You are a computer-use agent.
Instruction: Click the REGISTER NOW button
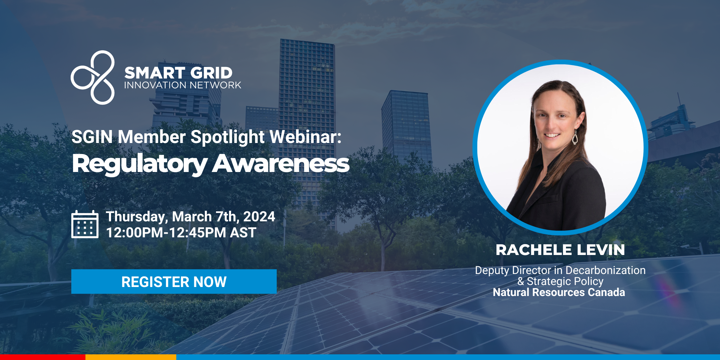point(174,281)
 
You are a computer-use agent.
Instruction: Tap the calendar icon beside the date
point(85,224)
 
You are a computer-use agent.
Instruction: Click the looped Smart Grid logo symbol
point(93,77)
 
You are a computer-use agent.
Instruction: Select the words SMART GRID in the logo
point(178,73)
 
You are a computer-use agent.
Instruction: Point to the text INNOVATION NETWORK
point(183,85)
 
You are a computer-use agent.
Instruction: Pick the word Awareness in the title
point(281,163)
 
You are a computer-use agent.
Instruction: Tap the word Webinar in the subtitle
point(305,137)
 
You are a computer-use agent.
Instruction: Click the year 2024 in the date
point(259,217)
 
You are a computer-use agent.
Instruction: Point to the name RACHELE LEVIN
point(560,250)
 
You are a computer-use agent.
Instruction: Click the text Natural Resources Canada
point(559,292)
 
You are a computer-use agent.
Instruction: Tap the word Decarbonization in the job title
point(606,270)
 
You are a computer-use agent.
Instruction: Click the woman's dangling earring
point(575,137)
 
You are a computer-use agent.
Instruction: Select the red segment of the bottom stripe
point(43,357)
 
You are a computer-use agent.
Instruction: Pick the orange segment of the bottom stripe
point(131,357)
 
